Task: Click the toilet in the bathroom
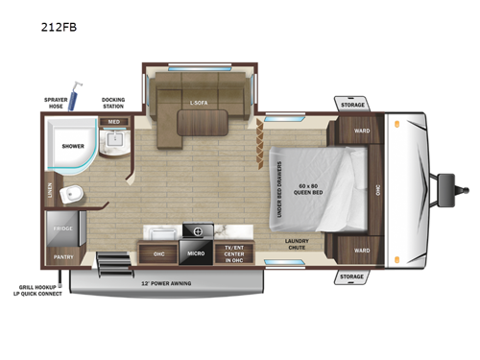(x=69, y=196)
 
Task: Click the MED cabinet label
(x=113, y=122)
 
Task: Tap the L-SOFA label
(x=199, y=103)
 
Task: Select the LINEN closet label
(x=48, y=193)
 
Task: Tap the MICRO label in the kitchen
(x=196, y=253)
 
